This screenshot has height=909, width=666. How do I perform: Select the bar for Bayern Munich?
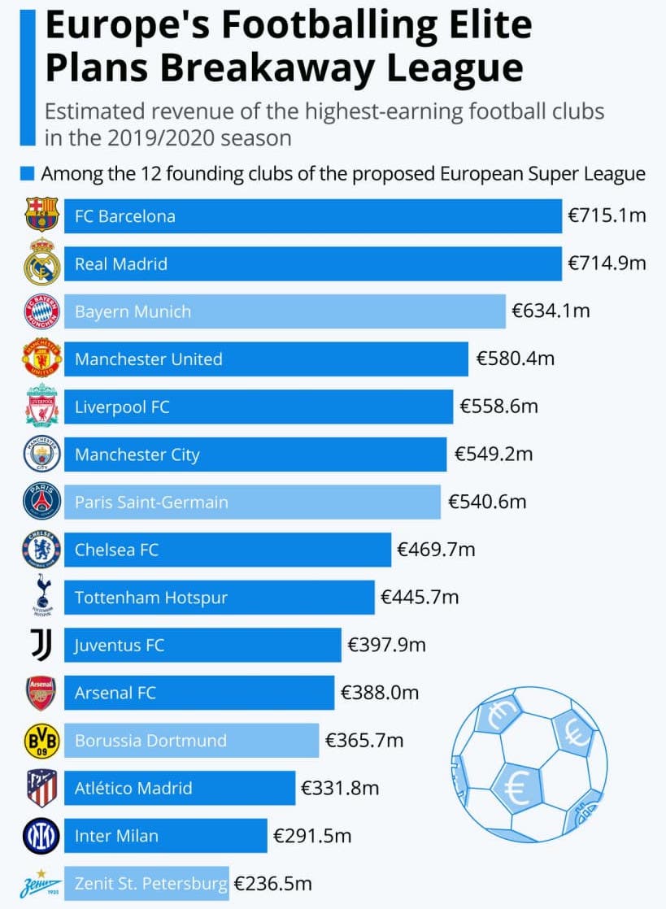285,311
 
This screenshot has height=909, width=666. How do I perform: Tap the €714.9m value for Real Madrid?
607,263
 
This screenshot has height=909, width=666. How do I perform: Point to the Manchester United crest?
41,359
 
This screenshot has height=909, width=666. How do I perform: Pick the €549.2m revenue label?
494,454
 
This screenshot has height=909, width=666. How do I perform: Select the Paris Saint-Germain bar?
252,502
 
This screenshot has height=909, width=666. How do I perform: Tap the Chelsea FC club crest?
41,550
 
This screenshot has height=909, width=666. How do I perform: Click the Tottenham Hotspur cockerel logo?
41,597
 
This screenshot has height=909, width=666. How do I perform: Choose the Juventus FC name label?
120,646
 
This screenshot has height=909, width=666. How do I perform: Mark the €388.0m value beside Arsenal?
380,693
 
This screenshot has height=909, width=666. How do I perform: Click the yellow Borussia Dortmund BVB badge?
41,740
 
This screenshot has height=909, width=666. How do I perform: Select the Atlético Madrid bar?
180,788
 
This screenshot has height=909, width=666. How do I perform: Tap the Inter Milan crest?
41,836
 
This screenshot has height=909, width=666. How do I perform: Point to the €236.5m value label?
272,884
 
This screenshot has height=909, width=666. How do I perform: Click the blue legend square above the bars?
27,174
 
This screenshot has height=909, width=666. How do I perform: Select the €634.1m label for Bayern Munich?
551,311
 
